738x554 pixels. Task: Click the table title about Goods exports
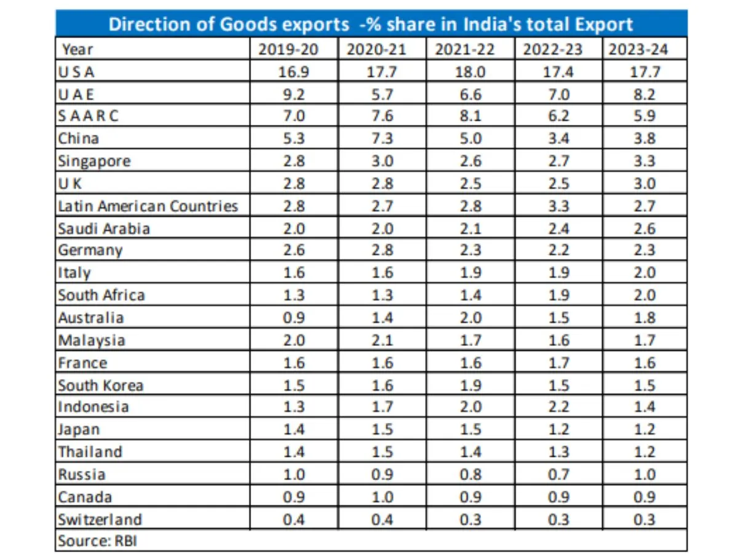point(371,24)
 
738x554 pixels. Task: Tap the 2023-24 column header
point(646,49)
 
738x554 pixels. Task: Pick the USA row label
point(76,71)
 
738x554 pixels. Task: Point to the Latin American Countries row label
point(148,206)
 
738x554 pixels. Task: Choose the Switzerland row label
point(100,520)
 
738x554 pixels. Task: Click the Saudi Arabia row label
point(104,228)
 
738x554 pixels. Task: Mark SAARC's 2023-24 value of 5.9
point(646,116)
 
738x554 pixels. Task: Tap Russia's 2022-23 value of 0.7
point(558,475)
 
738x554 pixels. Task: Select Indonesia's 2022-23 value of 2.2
point(558,407)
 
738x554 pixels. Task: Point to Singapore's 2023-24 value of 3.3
point(646,161)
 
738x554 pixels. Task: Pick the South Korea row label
point(101,385)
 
